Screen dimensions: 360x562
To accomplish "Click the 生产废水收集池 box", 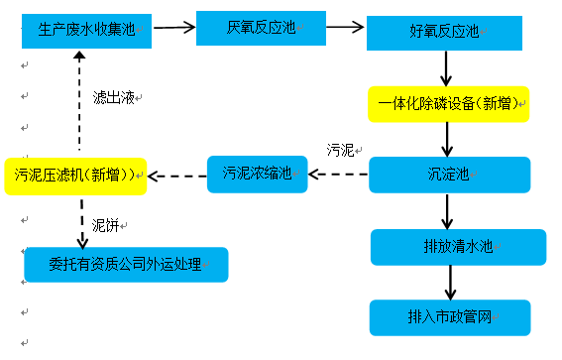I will point(86,30).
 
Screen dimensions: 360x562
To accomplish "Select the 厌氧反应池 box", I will point(263,27).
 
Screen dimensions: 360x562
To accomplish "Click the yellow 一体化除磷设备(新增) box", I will point(448,104).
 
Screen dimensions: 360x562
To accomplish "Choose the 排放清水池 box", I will point(458,247).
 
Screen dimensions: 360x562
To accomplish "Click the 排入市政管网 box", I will point(450,317).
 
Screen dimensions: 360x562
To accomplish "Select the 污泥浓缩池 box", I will point(257,175).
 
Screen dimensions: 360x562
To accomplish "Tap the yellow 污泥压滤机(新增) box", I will point(75,176).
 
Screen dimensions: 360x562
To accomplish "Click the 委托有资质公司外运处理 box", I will point(126,264).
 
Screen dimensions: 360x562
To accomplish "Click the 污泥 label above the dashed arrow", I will point(340,150).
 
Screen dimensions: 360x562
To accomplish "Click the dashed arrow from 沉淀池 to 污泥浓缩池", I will point(338,176).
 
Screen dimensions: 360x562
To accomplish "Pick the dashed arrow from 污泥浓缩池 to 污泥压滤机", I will point(176,177).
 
